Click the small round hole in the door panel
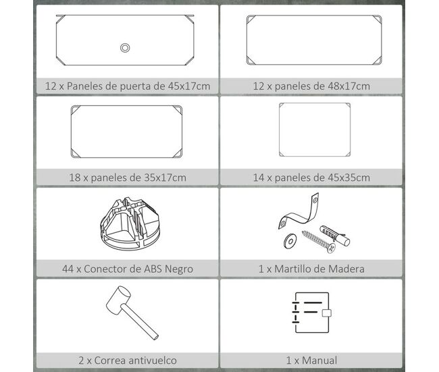125,47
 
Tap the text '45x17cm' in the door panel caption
189,86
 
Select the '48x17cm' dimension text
349,86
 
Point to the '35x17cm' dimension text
165,178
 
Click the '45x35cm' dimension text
349,178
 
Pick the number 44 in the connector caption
68,269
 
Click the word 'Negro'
179,269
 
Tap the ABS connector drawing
130,223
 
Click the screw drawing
319,241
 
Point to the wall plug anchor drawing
335,232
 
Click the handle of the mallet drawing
140,322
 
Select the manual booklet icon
311,313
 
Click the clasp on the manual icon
327,313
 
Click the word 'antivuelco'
149,361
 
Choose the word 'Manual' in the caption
319,361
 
